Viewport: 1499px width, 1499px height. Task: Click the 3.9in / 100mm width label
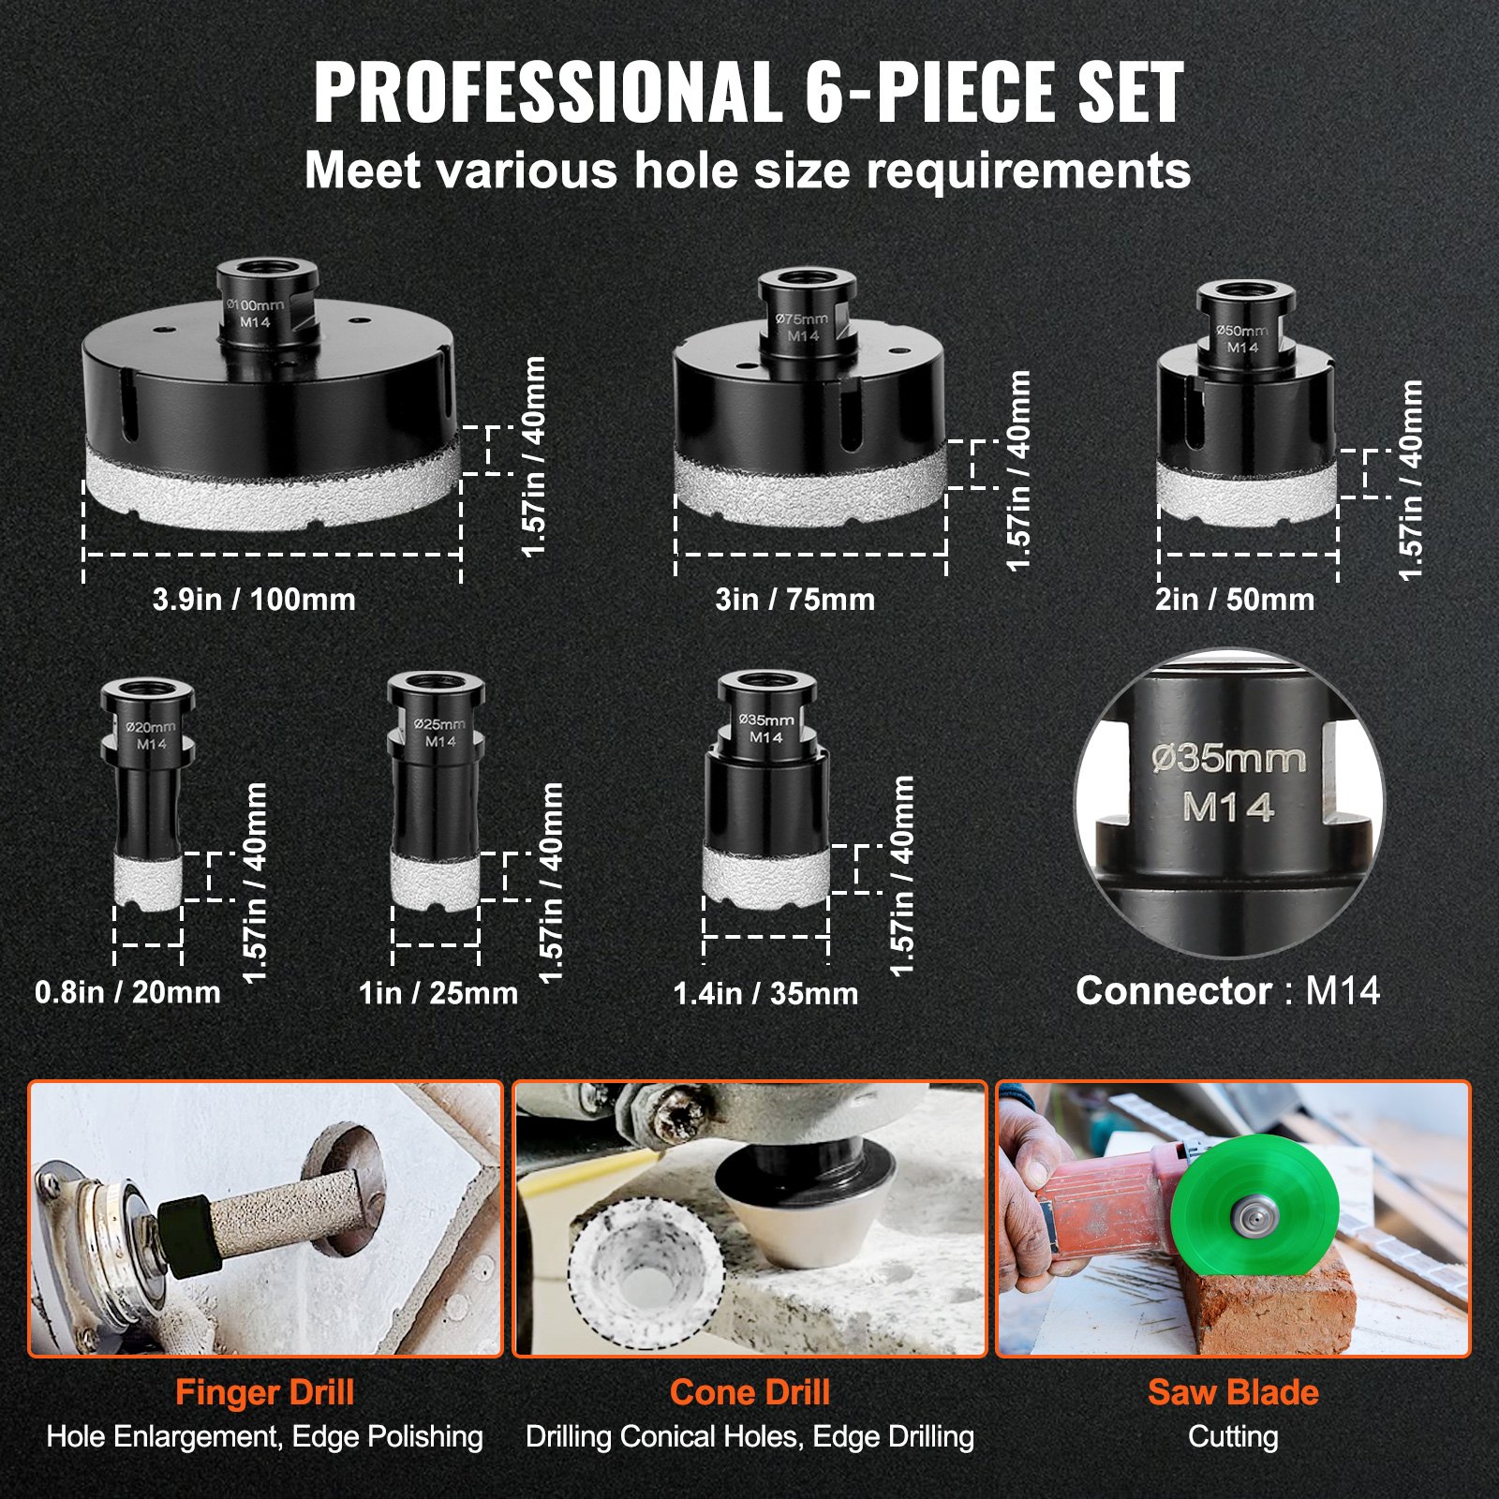point(254,600)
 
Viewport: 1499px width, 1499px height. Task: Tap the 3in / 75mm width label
point(794,600)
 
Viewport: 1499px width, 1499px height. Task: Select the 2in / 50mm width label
point(1234,600)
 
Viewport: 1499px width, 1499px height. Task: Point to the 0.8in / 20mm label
point(127,992)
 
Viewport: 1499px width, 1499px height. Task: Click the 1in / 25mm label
point(438,993)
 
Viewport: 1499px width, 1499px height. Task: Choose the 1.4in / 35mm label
point(765,993)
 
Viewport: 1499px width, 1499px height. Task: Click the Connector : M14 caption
point(1227,991)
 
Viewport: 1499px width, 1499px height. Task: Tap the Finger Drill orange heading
point(264,1392)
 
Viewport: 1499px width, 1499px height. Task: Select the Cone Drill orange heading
point(749,1392)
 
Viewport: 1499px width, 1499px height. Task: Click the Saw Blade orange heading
point(1233,1392)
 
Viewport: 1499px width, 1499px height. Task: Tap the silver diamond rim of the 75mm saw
point(810,487)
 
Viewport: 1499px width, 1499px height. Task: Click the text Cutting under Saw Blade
point(1233,1436)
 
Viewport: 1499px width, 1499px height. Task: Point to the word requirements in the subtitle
point(1028,171)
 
